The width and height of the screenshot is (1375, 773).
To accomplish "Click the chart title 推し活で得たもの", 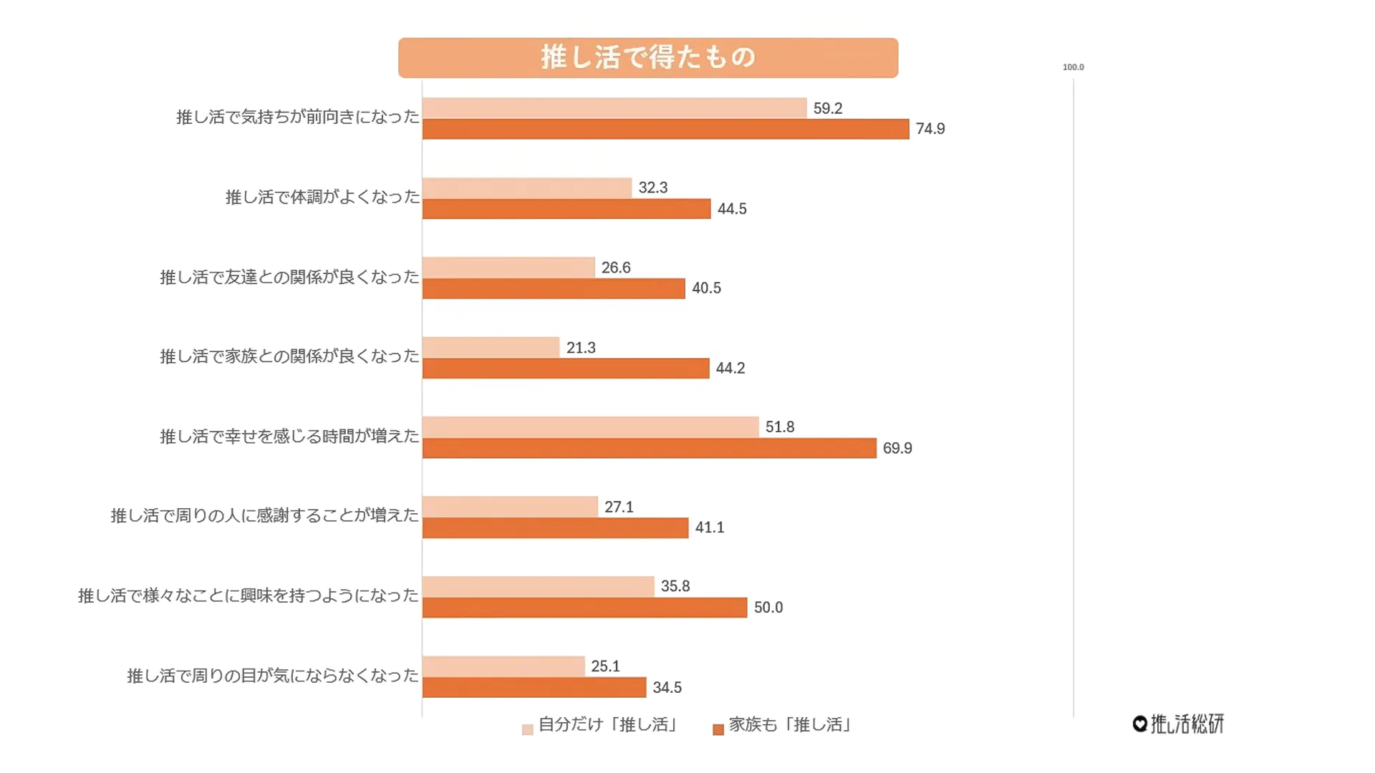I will [x=647, y=57].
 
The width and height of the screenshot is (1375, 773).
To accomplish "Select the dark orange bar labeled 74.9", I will [x=665, y=130].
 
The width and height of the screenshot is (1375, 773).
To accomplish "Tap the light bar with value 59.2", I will [x=614, y=108].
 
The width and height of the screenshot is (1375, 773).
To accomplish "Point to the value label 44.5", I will [x=732, y=209].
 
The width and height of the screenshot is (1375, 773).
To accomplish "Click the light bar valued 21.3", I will [x=491, y=348].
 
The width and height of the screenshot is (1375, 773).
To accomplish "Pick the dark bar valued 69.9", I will [x=649, y=449].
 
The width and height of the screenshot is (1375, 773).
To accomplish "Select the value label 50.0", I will [x=768, y=608].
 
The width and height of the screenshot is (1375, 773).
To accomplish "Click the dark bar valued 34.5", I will [x=534, y=688].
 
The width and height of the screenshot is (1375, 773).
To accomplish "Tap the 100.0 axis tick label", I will [x=1073, y=67].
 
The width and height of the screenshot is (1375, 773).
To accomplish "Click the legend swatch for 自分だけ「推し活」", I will [x=528, y=729].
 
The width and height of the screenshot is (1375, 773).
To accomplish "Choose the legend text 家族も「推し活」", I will [x=790, y=725].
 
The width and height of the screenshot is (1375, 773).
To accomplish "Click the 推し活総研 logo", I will [x=1179, y=724].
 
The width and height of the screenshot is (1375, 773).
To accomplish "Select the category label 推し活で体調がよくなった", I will [x=322, y=197].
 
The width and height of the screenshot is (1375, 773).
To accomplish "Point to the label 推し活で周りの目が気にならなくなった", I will [x=272, y=676].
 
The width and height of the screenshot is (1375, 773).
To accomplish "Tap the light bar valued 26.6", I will [x=508, y=268].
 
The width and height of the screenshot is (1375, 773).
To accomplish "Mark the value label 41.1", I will [x=709, y=528].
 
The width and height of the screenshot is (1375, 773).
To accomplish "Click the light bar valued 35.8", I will [x=538, y=587].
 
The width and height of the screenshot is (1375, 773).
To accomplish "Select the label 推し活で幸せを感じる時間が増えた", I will [x=289, y=436].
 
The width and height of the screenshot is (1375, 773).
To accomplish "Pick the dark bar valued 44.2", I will [x=566, y=369].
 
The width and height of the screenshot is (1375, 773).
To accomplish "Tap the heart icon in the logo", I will [x=1140, y=724].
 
